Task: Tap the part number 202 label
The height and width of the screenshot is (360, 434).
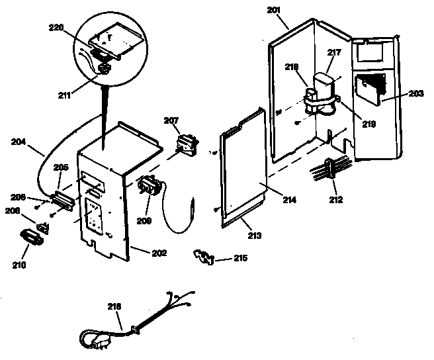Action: point(159,253)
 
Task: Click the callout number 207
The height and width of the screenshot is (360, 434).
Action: point(171,120)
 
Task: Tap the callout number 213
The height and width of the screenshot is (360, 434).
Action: point(254,235)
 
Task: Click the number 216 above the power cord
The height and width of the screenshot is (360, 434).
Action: point(114,306)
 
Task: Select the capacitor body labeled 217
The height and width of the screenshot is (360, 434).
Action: point(326,86)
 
